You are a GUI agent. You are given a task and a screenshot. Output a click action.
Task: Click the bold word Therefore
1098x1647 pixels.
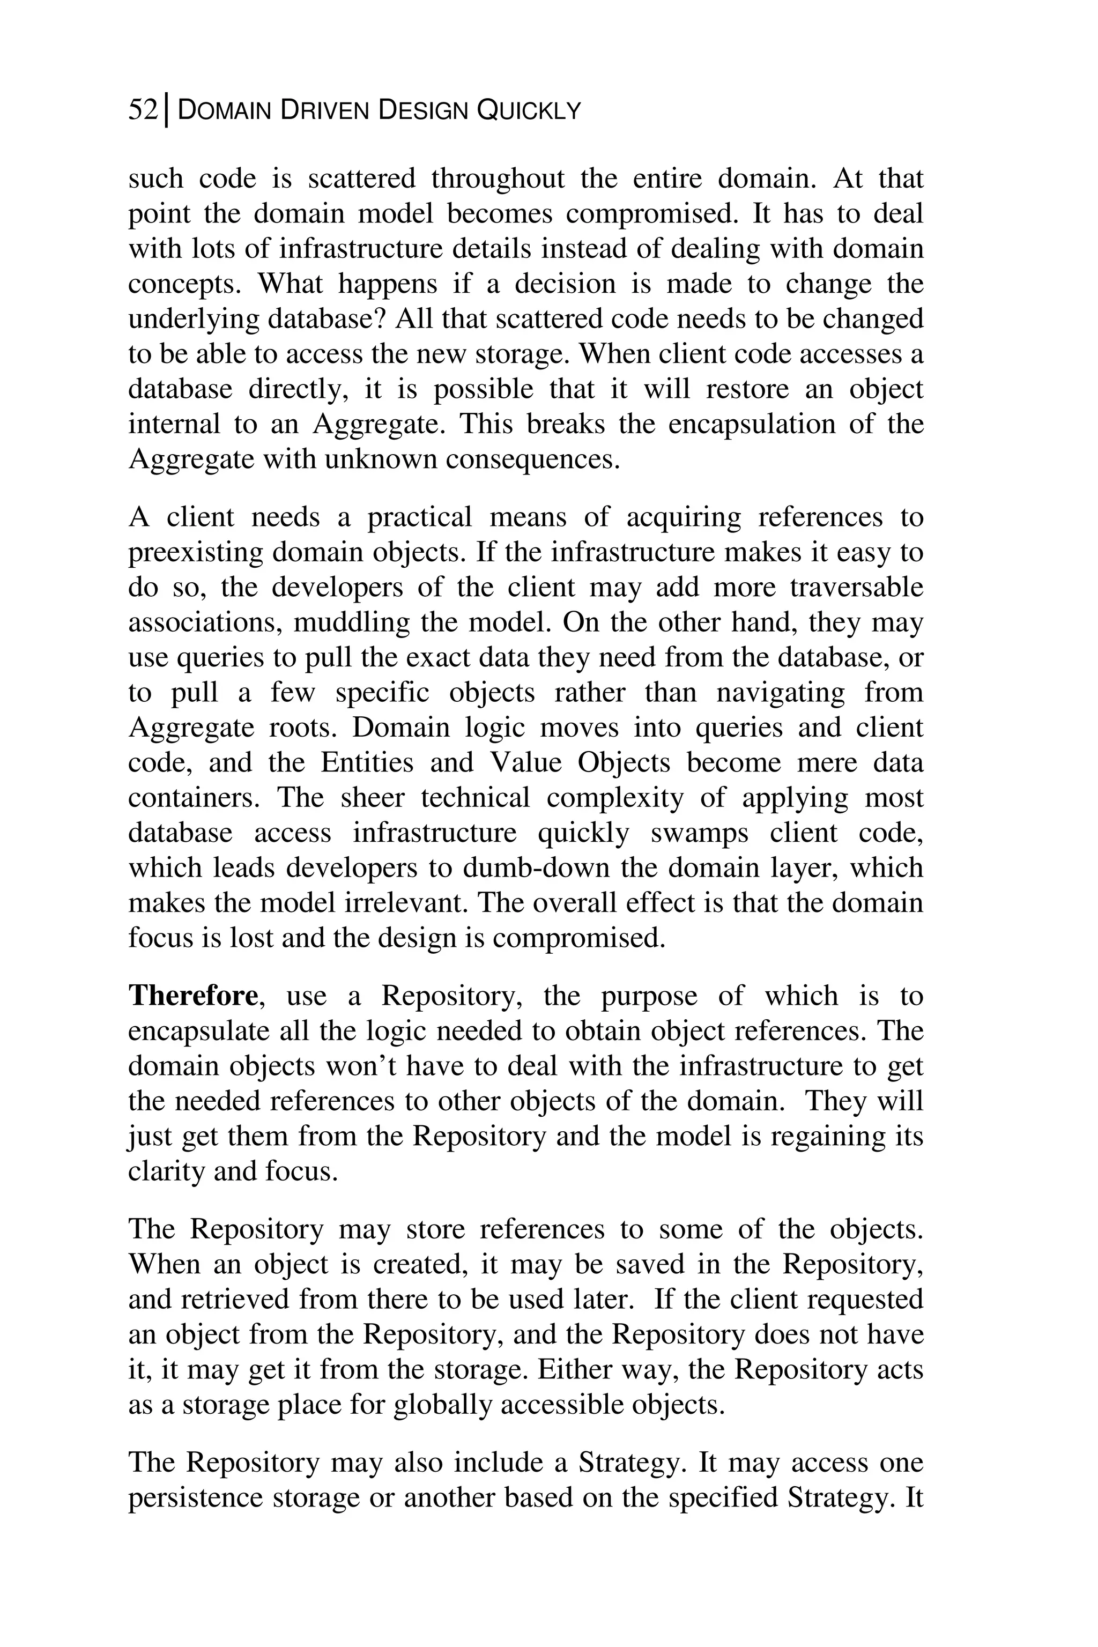[193, 996]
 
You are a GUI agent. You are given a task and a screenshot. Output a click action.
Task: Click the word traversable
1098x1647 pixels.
[856, 588]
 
